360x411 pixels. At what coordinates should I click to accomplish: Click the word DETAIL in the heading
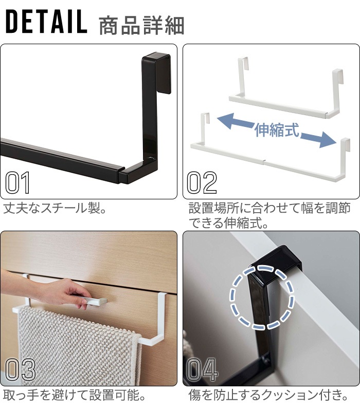tap(46, 22)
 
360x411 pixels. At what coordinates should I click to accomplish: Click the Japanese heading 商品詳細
tap(142, 25)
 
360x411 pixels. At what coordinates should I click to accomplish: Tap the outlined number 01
tap(17, 183)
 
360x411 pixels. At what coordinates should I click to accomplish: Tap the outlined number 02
tap(202, 183)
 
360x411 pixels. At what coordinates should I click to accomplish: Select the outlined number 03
tap(21, 369)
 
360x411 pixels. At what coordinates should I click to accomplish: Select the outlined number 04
tap(202, 369)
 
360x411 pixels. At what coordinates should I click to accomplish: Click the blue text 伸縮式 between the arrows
tap(277, 130)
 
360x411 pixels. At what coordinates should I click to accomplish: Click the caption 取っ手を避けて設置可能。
tap(74, 395)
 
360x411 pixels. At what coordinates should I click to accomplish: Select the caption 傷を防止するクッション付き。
tap(268, 395)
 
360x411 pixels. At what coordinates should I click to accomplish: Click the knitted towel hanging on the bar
tap(79, 349)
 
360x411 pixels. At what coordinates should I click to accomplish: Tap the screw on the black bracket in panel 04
tap(266, 360)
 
